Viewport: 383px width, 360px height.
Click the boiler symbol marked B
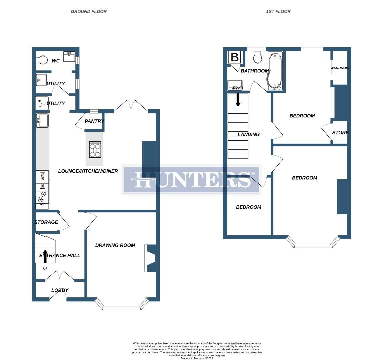tap(234, 57)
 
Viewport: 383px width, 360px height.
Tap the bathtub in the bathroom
tap(275, 71)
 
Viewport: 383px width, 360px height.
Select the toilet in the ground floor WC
tap(42, 60)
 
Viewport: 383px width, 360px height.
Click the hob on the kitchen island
tap(95, 149)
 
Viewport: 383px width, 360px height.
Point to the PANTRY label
tap(94, 121)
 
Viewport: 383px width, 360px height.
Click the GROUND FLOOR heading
tap(89, 11)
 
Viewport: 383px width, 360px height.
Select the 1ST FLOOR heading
tap(278, 11)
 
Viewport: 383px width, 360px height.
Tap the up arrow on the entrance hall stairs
tap(45, 256)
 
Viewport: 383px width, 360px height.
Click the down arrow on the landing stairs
tap(238, 100)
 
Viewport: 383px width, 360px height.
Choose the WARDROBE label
tap(340, 68)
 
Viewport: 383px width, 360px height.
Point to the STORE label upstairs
tap(340, 132)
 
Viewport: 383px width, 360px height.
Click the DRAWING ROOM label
tap(115, 245)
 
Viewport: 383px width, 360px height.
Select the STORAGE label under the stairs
tap(46, 222)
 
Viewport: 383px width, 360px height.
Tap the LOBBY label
tap(60, 290)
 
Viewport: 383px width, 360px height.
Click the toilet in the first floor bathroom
tap(258, 57)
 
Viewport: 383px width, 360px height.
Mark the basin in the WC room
tap(69, 57)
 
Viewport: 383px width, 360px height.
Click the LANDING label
tap(248, 134)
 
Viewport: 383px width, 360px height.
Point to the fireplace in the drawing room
tap(150, 258)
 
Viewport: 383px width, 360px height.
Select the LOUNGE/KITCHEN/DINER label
tap(88, 171)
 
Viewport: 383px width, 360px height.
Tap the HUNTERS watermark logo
tap(192, 180)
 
